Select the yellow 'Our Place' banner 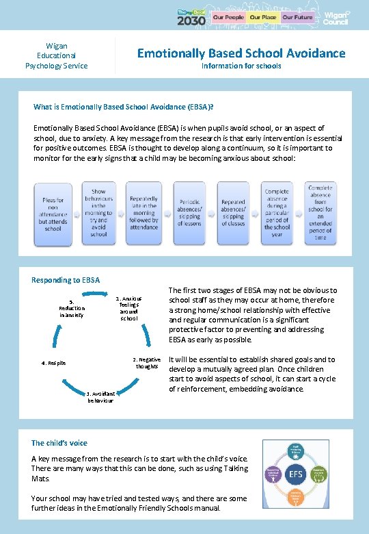262,16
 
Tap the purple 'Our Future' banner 297,16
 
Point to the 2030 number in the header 191,20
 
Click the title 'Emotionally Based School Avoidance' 241,53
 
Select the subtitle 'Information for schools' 241,66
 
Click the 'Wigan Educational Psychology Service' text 56,55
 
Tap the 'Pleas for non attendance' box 53,214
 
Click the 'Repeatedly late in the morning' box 143,212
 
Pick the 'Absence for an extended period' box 320,212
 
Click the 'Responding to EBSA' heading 66,280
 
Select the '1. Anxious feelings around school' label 129,308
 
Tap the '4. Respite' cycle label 53,363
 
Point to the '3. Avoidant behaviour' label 100,396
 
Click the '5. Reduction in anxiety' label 72,308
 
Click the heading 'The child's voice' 59,443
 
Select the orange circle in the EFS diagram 317,472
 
